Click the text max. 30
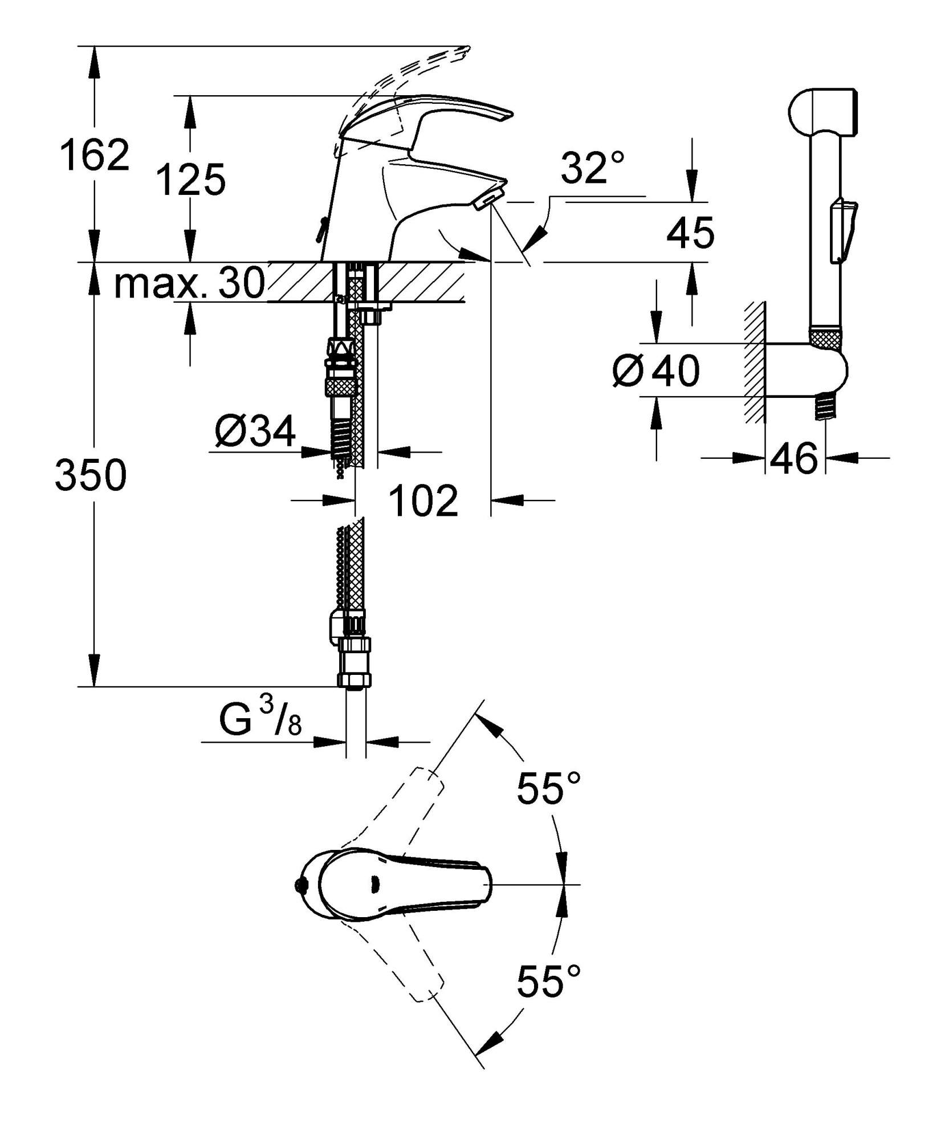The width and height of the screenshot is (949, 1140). click(x=190, y=283)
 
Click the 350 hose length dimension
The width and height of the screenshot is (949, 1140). click(x=91, y=476)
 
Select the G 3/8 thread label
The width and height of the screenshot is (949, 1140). click(x=260, y=721)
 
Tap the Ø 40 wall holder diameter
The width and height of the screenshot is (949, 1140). click(x=655, y=370)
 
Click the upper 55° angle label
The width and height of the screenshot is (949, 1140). click(x=548, y=788)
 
